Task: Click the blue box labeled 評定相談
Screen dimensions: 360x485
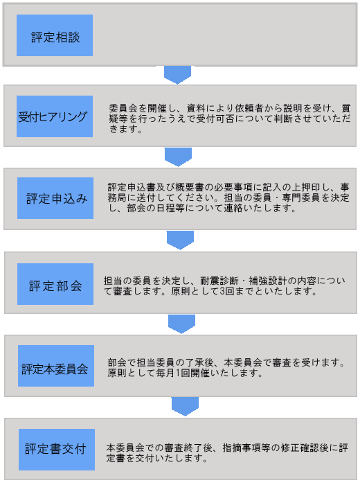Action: click(55, 35)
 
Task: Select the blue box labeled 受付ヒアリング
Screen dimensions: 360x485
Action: click(55, 116)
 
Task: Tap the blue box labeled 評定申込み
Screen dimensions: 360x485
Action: click(55, 198)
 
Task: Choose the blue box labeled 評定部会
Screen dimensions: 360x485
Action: click(55, 284)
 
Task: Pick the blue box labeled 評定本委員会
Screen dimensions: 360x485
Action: click(56, 366)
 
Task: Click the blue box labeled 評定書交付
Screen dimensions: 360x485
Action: click(57, 450)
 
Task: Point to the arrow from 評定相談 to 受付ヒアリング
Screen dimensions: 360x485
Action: click(177, 75)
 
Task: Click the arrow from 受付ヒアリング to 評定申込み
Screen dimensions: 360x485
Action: click(178, 157)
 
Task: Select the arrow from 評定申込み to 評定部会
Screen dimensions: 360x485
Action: click(180, 240)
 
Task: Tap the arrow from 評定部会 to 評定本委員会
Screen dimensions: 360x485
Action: click(181, 324)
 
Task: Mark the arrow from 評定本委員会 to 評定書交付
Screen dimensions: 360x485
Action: click(185, 407)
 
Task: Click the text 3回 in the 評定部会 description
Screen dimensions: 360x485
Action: click(227, 291)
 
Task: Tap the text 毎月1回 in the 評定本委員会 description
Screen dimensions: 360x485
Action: click(173, 373)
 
